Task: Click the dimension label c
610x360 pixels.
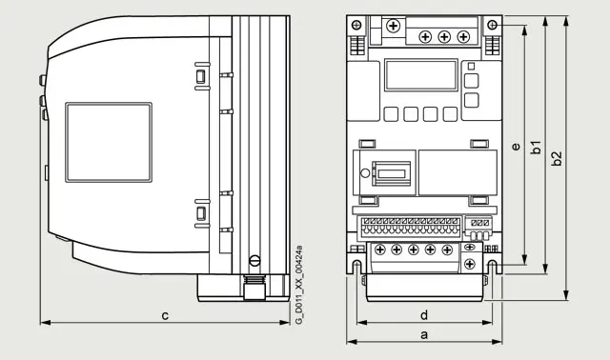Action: click(165, 315)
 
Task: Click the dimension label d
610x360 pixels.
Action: click(424, 315)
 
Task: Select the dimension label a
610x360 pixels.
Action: click(424, 334)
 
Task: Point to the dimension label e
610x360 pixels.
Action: click(516, 147)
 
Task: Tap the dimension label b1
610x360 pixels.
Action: click(536, 148)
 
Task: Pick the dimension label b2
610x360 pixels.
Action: click(557, 158)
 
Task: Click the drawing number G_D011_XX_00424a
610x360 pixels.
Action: click(298, 284)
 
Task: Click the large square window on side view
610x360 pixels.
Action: click(109, 142)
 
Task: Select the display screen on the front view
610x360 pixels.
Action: click(421, 75)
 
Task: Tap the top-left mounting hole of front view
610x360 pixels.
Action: click(356, 26)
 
